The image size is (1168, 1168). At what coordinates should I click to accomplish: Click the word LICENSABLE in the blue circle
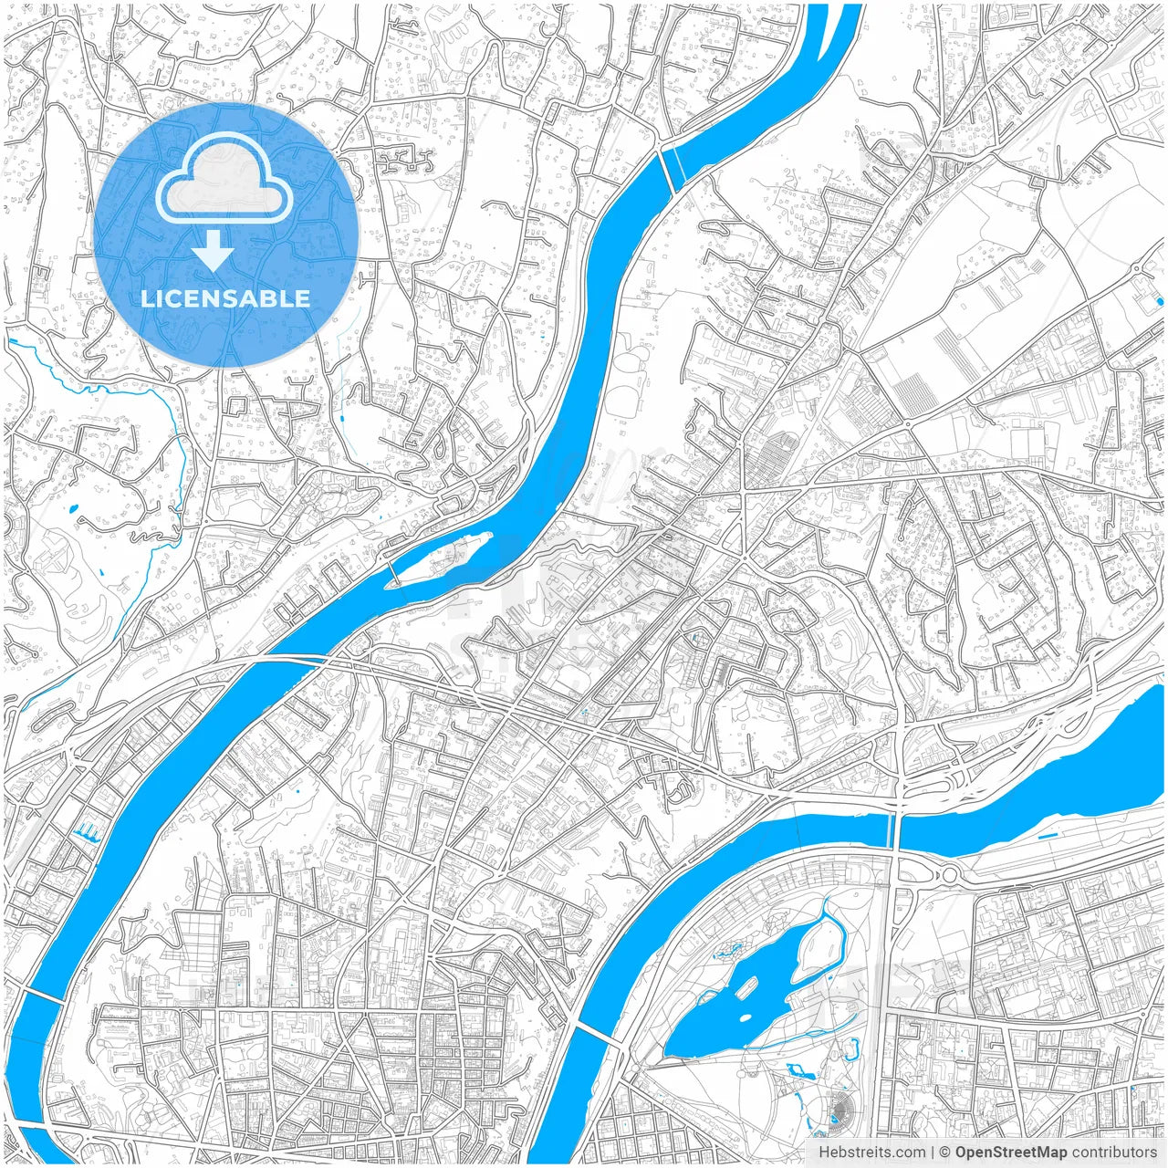pos(225,298)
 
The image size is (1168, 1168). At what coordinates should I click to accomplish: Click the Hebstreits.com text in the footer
pos(871,1152)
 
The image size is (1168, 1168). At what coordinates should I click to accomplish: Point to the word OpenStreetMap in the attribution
pos(1011,1152)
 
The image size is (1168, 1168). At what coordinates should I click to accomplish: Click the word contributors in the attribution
pos(1114,1152)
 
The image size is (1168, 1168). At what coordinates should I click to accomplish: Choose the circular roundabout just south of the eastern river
pos(949,874)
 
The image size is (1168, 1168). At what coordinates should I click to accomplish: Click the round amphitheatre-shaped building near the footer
pos(837,1110)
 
